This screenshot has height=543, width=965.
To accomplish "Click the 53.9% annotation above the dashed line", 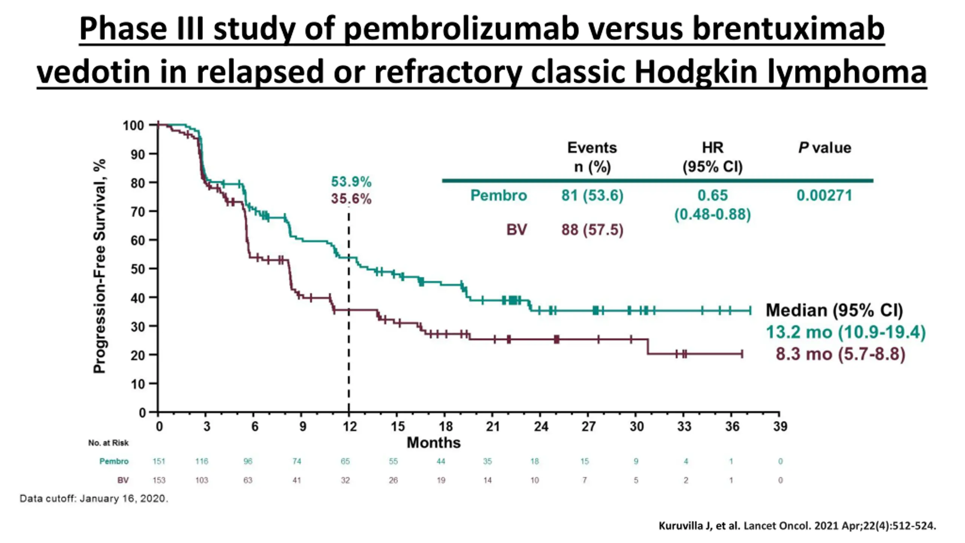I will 351,182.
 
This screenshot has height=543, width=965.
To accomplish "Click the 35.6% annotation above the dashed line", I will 351,199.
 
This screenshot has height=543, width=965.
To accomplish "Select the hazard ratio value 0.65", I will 712,195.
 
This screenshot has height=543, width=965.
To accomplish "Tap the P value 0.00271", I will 824,195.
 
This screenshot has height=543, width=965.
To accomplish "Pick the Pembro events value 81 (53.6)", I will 592,195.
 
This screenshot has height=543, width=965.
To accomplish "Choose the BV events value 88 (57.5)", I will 592,230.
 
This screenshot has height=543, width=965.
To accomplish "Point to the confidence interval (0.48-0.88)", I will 712,214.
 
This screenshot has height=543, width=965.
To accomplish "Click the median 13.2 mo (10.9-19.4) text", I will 846,332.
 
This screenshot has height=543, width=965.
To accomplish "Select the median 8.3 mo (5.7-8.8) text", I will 840,354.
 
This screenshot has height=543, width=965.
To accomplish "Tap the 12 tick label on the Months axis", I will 349,426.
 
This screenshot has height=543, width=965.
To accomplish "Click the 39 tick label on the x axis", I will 780,426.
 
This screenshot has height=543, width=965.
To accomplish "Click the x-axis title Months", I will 433,443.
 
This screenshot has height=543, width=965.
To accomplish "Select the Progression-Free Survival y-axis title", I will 100,266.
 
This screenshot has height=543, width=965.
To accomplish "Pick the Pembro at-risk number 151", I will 159,461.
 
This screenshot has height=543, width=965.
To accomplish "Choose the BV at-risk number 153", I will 159,480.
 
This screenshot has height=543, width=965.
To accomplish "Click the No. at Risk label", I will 108,443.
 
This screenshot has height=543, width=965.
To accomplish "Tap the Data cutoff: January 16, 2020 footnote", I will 94,499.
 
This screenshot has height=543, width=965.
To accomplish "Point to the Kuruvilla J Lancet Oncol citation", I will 797,526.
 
